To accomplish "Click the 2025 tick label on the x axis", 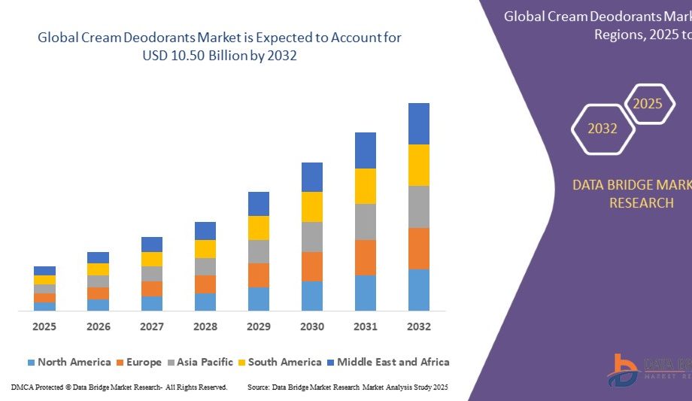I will coord(44,327).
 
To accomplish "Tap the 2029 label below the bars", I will coord(259,327).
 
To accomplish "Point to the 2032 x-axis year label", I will coord(419,327).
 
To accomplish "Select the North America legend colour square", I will coord(31,363).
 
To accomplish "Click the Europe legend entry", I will coord(138,362).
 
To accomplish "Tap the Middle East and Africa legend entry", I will coord(387,362).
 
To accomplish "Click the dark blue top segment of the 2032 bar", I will coord(419,123).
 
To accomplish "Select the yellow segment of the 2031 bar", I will coord(366,186).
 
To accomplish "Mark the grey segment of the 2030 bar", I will coord(312,236).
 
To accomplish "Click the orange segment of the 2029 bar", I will coord(259,275).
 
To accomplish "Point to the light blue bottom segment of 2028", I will coord(205,302).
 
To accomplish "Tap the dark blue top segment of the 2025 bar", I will coord(44,271).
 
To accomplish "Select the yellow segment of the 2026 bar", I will coord(98,269).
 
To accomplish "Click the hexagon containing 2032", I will coord(602,129).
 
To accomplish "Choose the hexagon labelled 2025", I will coord(647,104).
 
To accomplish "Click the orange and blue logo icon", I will coord(623,371).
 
